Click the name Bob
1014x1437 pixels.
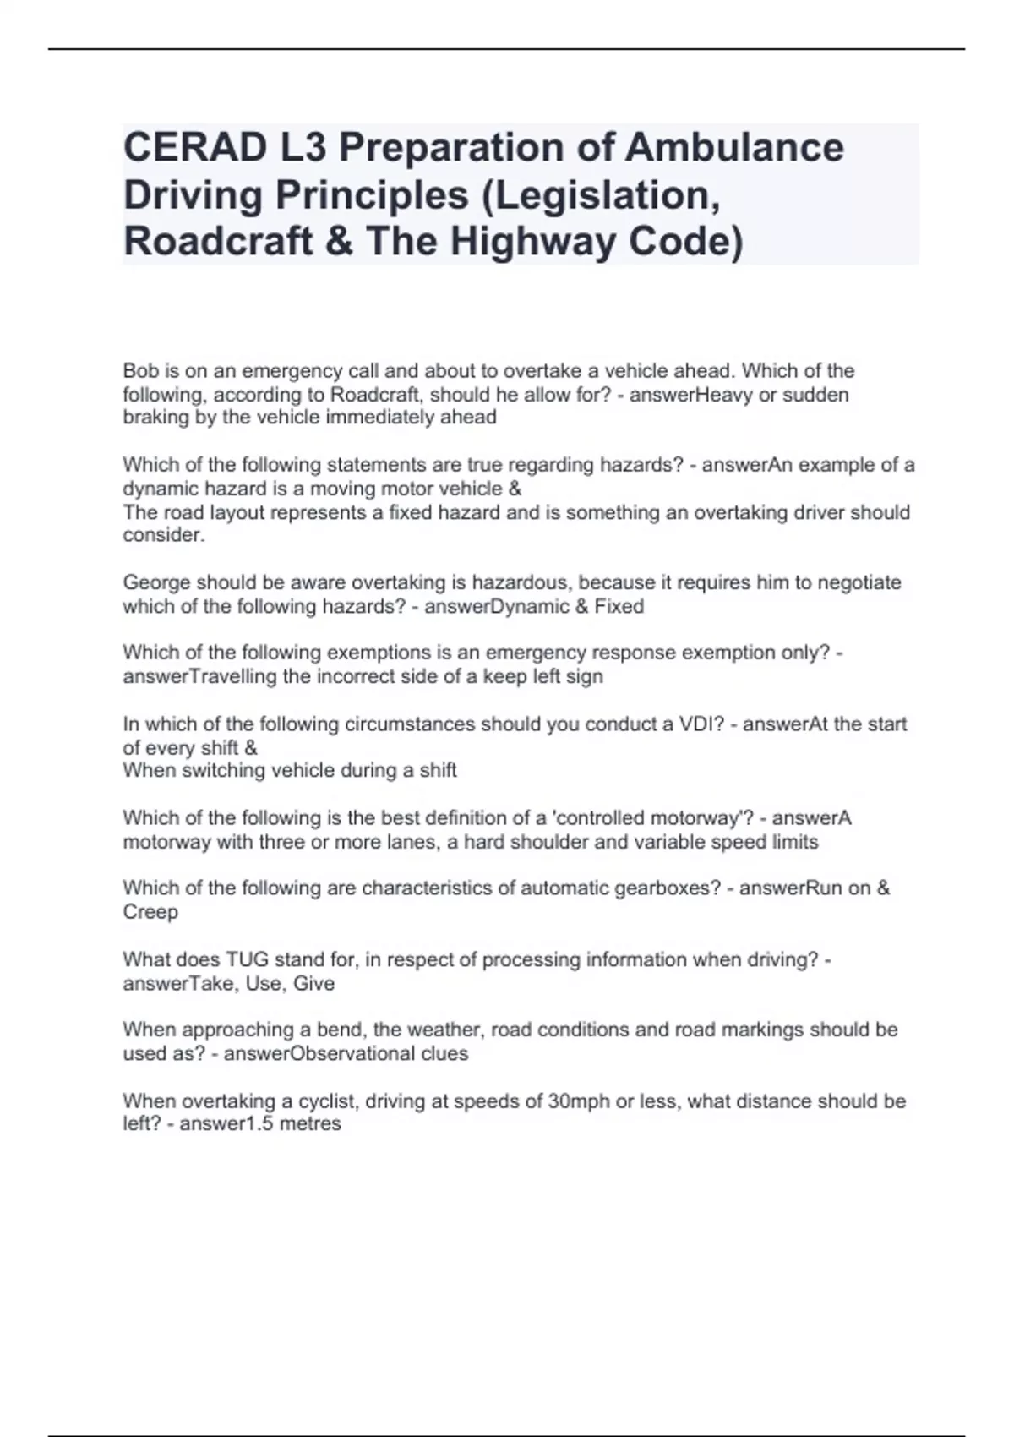click(x=141, y=371)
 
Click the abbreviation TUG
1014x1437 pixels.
click(x=246, y=959)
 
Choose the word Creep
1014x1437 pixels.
click(x=150, y=912)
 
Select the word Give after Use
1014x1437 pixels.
click(x=313, y=984)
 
